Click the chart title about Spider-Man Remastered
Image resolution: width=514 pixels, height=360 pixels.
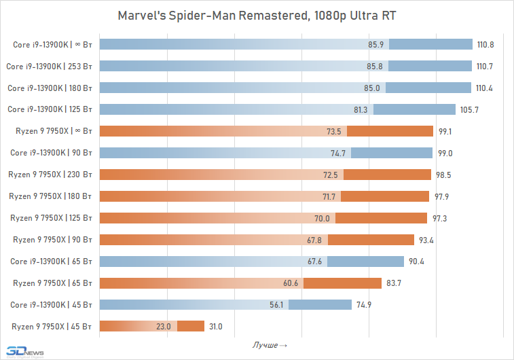coord(256,16)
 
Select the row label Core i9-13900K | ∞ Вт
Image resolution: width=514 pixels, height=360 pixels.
coord(53,45)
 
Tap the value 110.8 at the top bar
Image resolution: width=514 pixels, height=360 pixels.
coord(485,45)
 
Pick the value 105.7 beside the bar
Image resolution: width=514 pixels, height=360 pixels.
coord(469,109)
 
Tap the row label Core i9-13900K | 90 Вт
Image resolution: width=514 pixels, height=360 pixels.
coord(53,153)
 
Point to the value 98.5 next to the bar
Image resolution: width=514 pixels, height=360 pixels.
coord(444,175)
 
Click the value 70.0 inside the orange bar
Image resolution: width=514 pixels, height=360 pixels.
coord(322,218)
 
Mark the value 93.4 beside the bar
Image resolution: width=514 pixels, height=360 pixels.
coord(427,240)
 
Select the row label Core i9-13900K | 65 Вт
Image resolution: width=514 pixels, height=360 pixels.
coord(53,262)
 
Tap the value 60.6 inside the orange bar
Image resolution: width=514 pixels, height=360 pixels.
coord(290,283)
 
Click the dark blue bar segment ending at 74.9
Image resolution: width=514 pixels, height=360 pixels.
coord(320,304)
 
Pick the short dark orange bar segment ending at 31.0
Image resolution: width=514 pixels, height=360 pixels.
coord(191,326)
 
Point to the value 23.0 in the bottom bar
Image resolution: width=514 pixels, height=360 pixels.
coord(164,326)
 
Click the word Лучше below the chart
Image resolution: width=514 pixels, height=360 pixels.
coord(265,346)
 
